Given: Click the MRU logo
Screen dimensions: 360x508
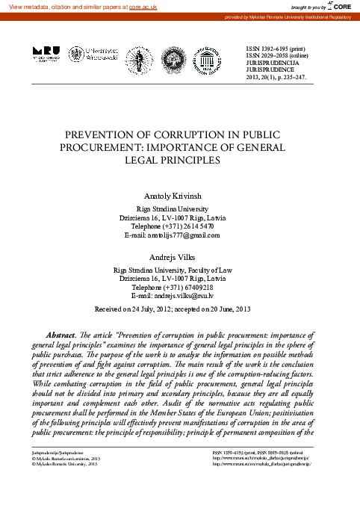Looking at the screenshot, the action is (x=45, y=53).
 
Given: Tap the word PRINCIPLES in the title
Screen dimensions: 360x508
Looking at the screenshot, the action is (x=206, y=159).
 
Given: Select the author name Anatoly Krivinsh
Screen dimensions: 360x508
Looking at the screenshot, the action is (x=179, y=193).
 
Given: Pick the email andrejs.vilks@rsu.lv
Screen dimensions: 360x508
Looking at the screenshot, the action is (x=193, y=296).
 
